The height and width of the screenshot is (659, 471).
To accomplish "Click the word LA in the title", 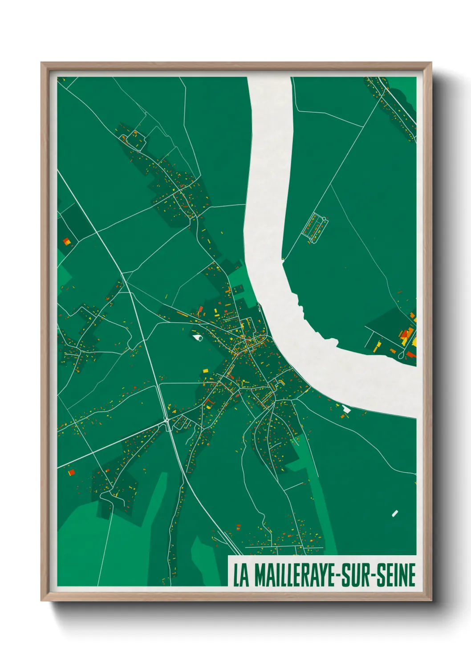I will click(241, 575).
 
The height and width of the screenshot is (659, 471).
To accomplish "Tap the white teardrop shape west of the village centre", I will click(197, 338).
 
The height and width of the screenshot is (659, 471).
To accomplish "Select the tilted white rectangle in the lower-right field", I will click(394, 513).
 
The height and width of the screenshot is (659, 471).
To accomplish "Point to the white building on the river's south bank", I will click(346, 409).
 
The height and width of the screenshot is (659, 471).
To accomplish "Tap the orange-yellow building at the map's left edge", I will click(67, 242).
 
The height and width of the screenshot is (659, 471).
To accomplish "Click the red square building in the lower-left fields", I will click(71, 472).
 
